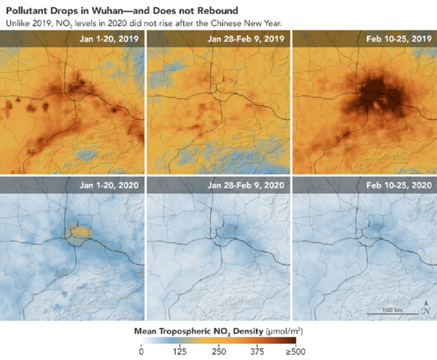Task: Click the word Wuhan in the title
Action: point(82,11)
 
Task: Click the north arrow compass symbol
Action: point(426,307)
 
